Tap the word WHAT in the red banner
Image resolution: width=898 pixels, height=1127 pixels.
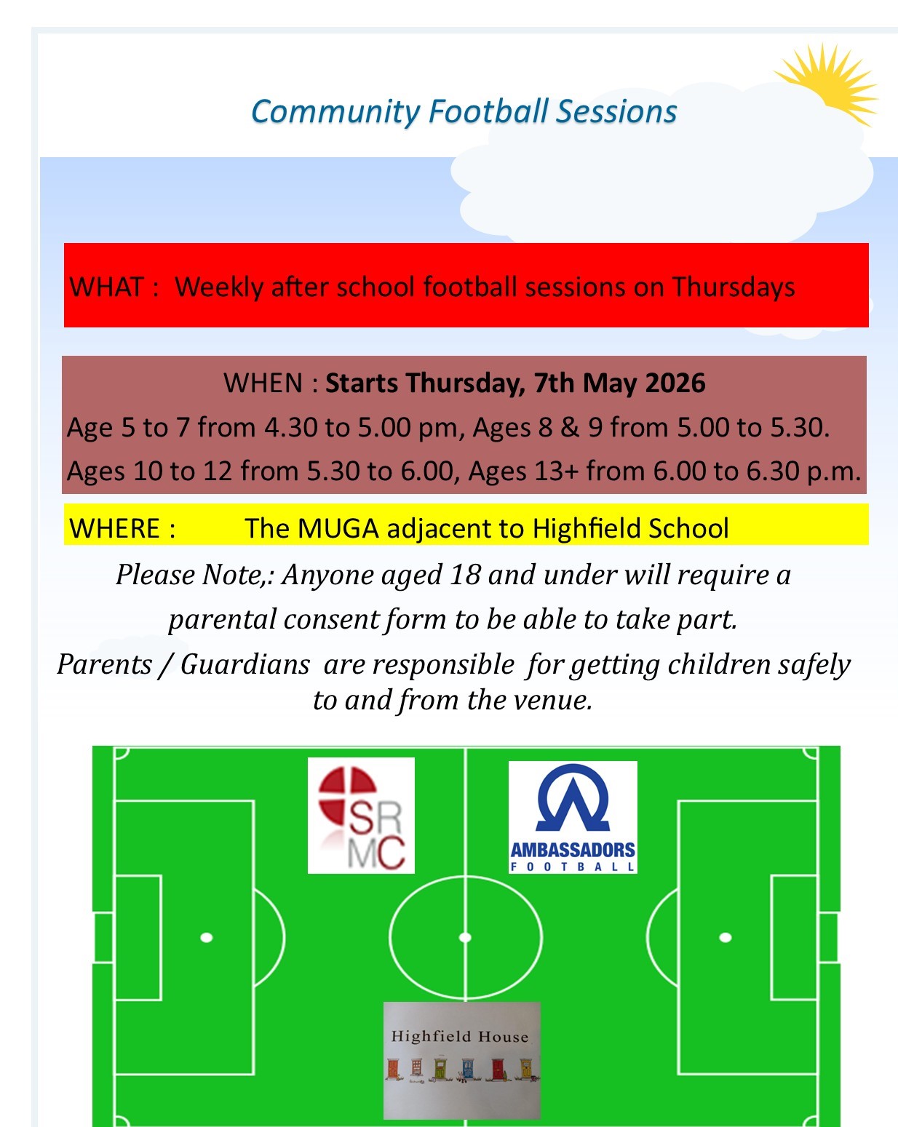(x=106, y=287)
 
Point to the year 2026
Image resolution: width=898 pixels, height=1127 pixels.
(x=675, y=383)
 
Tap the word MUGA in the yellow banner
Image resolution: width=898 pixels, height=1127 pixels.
(x=338, y=528)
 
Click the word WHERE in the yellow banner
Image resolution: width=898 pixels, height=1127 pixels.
(x=115, y=528)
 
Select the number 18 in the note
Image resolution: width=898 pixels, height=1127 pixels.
(x=466, y=576)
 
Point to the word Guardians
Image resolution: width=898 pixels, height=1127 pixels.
(x=245, y=664)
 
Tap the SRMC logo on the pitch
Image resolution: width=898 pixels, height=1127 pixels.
(x=361, y=815)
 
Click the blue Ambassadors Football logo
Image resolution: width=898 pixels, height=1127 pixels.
(x=573, y=816)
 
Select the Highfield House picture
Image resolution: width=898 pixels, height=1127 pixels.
(x=461, y=1059)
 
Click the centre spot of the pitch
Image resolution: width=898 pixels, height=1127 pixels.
(x=466, y=937)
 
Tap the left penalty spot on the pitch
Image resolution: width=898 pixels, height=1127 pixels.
(x=207, y=937)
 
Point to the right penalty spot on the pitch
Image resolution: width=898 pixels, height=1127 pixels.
(x=726, y=937)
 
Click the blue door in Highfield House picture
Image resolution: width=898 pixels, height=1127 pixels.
(x=467, y=1068)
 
